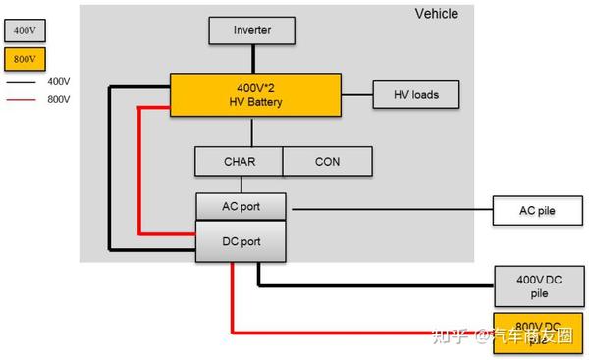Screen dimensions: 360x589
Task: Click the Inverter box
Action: (x=251, y=30)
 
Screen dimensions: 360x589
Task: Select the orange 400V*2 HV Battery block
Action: (x=254, y=95)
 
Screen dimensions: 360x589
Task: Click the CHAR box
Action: (x=239, y=161)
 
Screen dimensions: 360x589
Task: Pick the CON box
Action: (x=327, y=161)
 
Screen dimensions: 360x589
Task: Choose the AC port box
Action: (x=241, y=207)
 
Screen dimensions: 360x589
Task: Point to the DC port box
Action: (x=241, y=241)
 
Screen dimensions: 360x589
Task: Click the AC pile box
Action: (x=537, y=210)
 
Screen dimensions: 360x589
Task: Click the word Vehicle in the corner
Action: (x=436, y=14)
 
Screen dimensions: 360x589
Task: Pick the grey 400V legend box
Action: (x=25, y=29)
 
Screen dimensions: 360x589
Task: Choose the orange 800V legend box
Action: (x=25, y=59)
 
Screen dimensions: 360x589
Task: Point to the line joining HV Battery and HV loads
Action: (x=355, y=95)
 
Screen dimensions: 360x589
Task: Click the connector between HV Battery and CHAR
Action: (x=251, y=131)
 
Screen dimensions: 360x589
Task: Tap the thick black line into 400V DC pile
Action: (x=373, y=285)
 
